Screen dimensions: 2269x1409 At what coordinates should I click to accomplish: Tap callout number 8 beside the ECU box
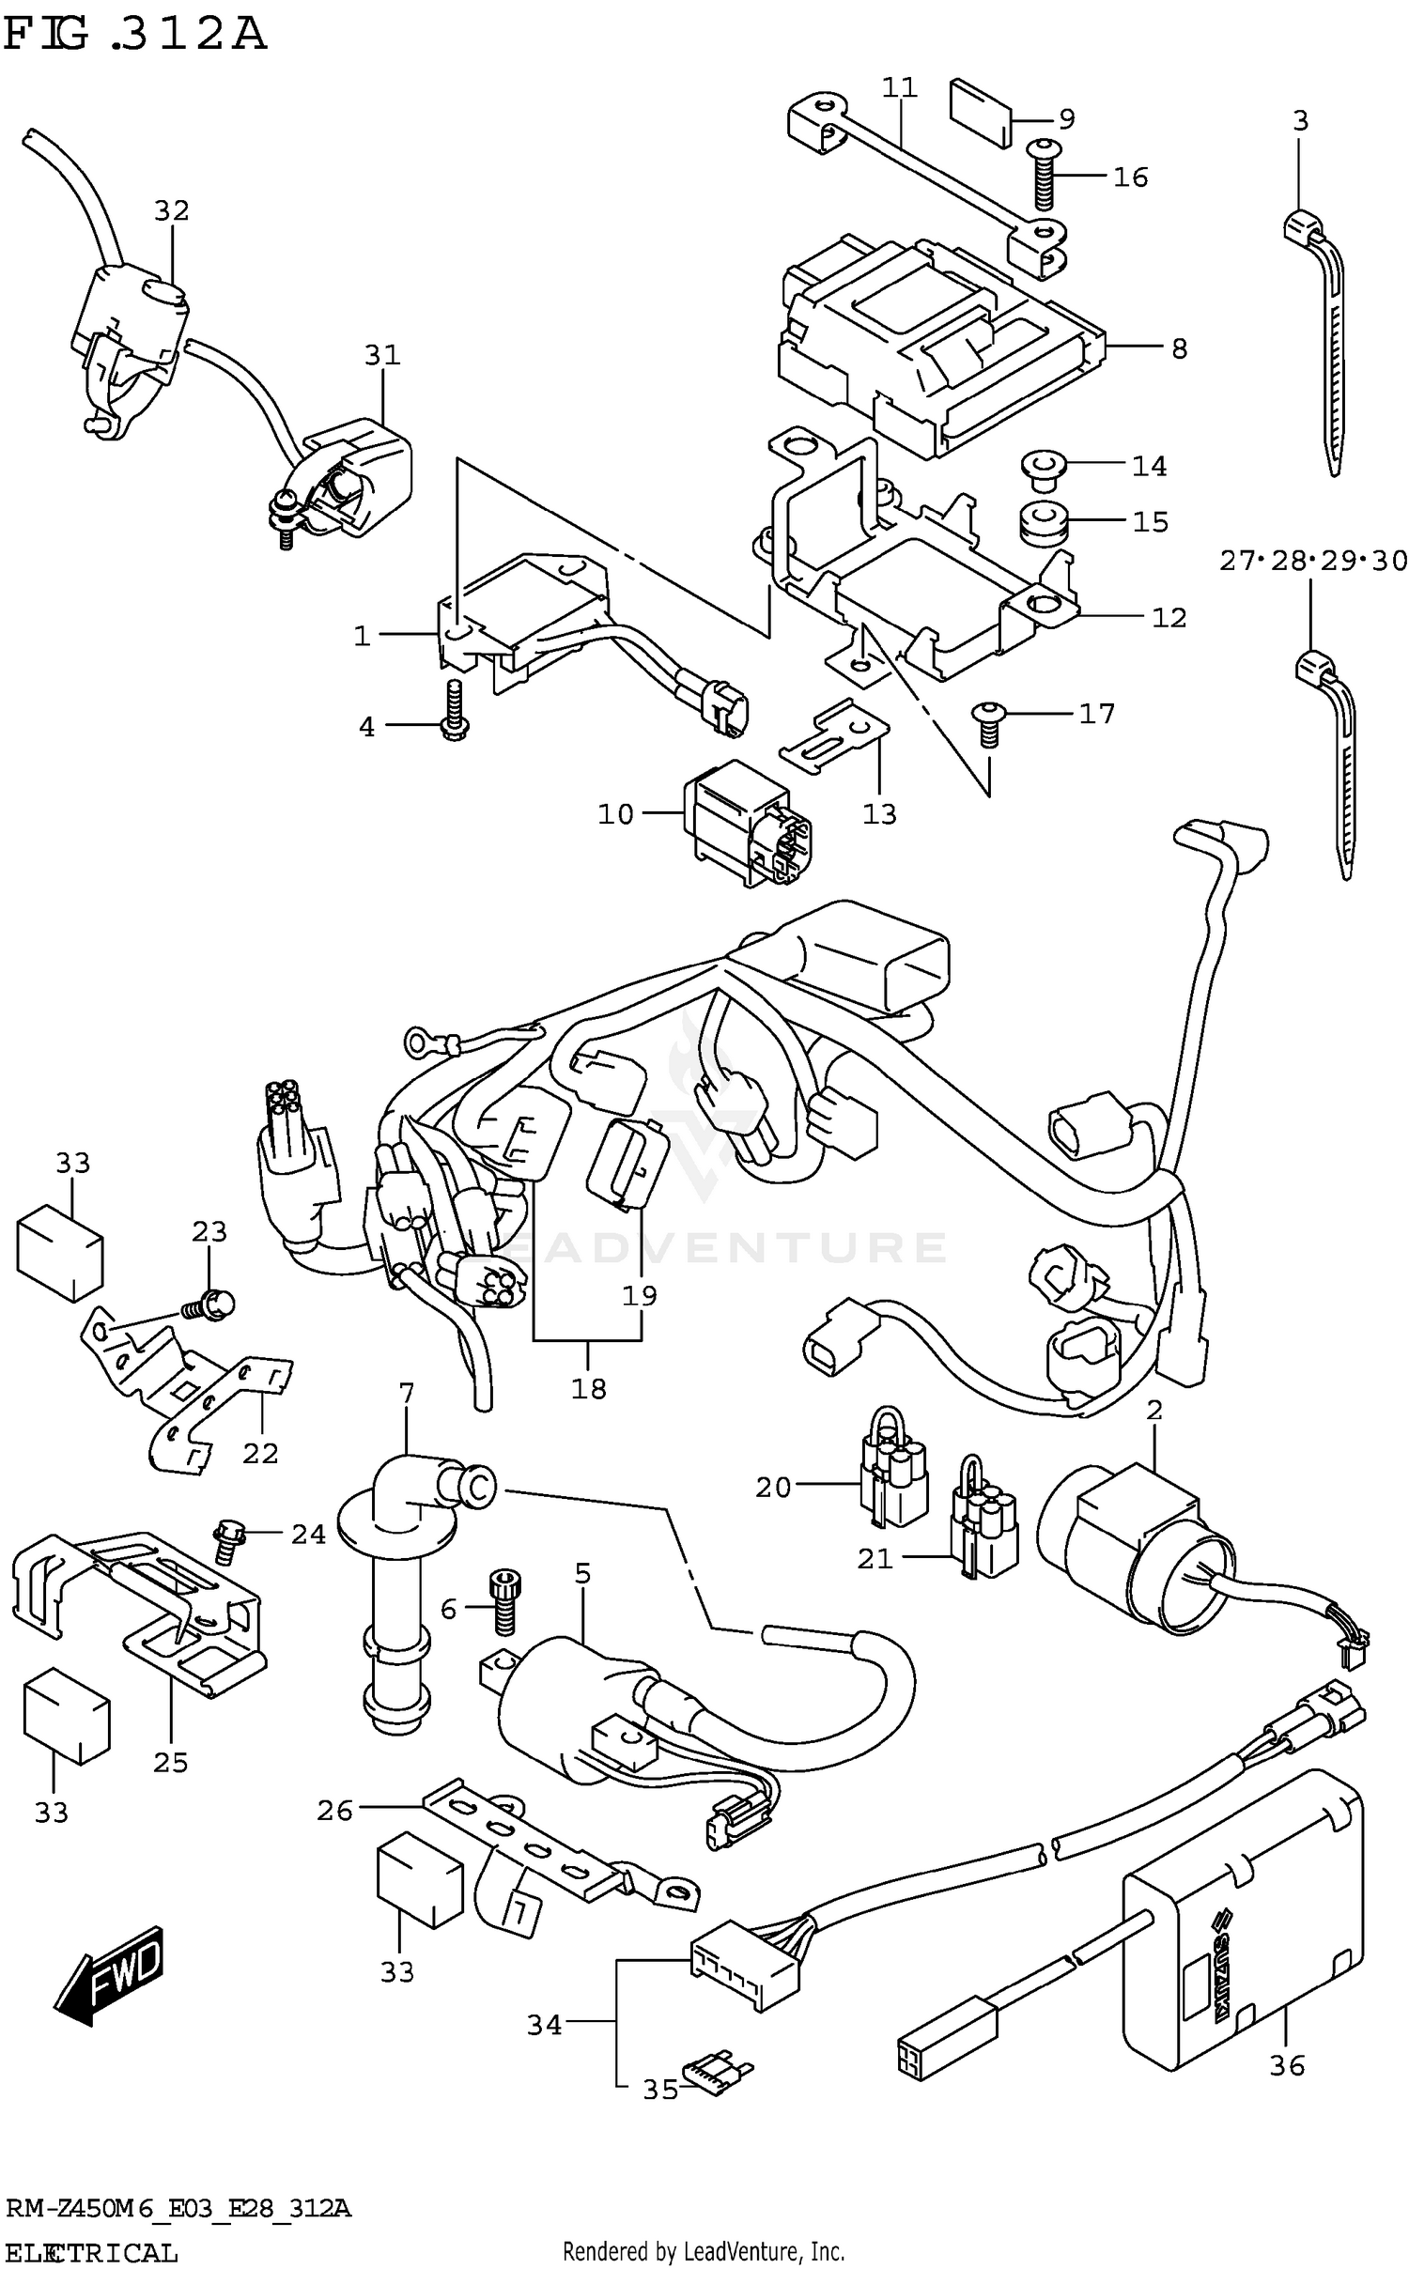(1179, 348)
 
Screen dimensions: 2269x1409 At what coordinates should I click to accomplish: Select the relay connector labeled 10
(749, 824)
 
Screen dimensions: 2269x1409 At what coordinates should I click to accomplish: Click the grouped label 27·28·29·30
(1312, 562)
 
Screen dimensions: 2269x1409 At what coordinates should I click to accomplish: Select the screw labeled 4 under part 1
(454, 715)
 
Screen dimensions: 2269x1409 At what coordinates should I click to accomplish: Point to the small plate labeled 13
(834, 736)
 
